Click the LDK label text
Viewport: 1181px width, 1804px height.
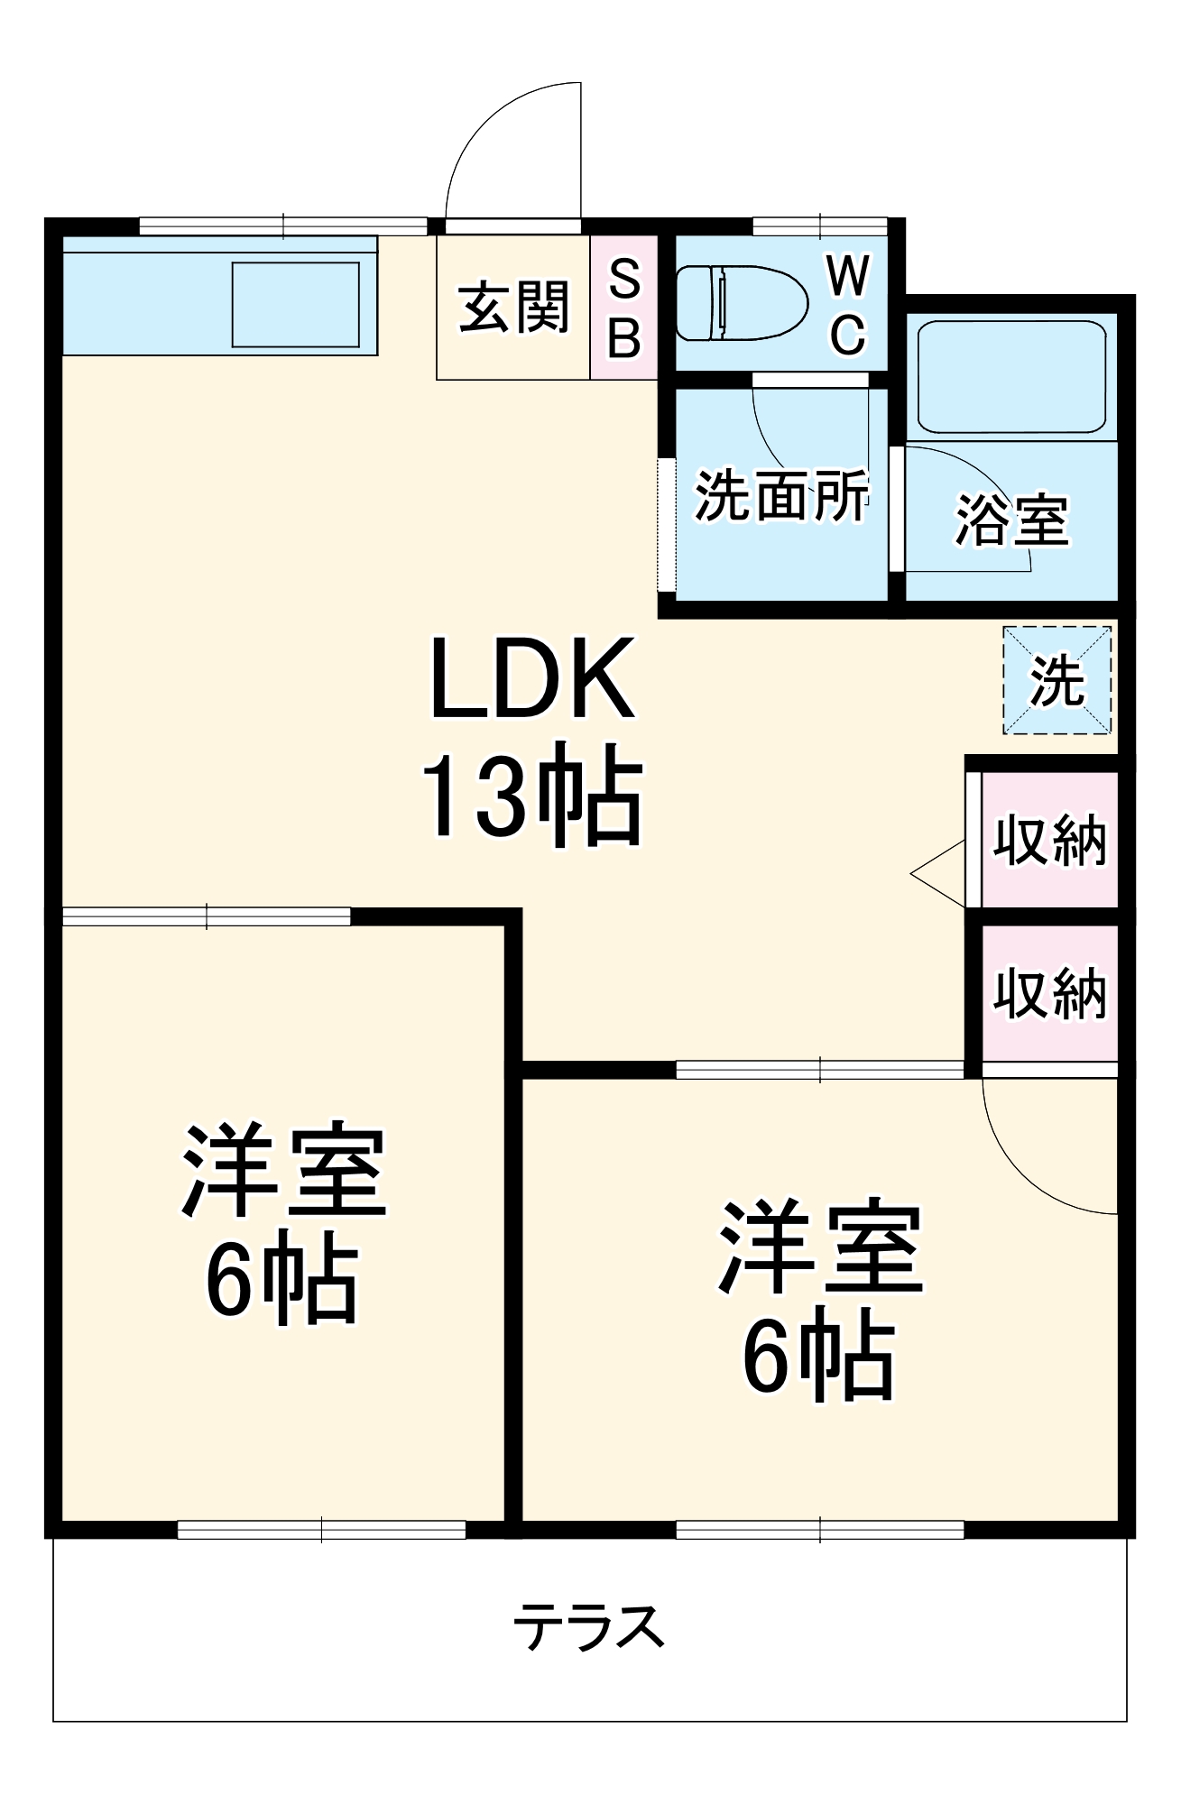[x=532, y=678]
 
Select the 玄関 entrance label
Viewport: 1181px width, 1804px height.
[x=513, y=307]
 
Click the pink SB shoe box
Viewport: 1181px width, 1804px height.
[x=623, y=307]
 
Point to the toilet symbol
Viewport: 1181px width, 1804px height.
[x=742, y=303]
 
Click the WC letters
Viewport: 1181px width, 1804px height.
[x=848, y=305]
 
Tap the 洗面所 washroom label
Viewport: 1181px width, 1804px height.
[x=781, y=495]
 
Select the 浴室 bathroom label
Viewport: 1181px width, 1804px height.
[x=1011, y=520]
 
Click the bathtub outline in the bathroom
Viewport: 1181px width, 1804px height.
[x=1011, y=377]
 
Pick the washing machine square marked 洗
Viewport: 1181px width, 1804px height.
[x=1056, y=680]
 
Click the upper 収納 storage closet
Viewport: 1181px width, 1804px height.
[x=1049, y=840]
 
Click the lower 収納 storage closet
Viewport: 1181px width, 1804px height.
[x=1049, y=993]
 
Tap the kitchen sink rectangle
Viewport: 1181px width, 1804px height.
[x=296, y=305]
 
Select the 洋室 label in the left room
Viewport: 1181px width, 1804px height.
[x=283, y=1170]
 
